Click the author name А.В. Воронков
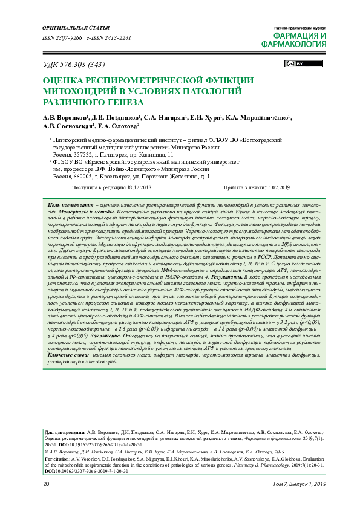tap(65, 117)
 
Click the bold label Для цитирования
tap(65, 433)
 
